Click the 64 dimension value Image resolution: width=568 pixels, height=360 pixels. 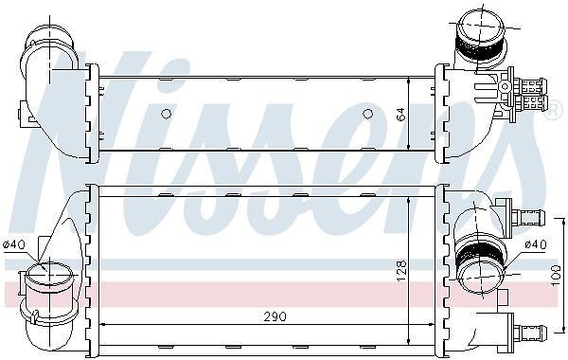(401, 115)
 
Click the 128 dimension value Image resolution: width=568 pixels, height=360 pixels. (401, 271)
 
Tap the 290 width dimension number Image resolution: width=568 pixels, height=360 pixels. (275, 316)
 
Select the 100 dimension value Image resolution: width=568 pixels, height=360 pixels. (556, 275)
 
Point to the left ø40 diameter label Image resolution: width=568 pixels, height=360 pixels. (14, 244)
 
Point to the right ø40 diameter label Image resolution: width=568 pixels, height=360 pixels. (536, 244)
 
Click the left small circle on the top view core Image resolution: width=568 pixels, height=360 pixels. (166, 114)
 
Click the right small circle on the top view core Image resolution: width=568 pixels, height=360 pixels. (367, 114)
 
